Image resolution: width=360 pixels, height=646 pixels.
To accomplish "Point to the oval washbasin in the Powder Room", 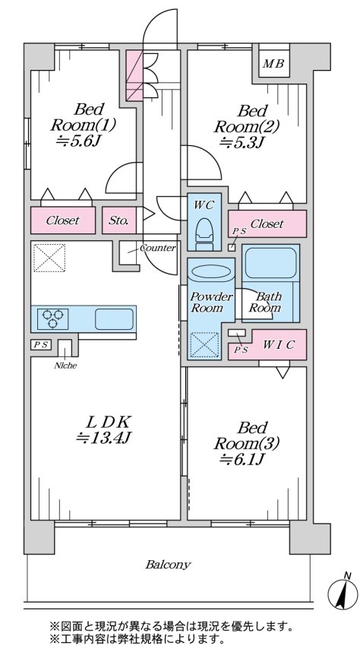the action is click(x=211, y=273).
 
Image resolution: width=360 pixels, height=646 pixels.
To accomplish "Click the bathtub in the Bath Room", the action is click(x=270, y=264).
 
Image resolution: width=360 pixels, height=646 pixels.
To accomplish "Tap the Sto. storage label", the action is click(x=119, y=220).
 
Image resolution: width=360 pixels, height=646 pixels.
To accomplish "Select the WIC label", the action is click(x=279, y=345).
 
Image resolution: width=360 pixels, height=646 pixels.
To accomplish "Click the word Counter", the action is click(x=158, y=248).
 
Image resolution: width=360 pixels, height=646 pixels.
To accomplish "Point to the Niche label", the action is click(x=65, y=365).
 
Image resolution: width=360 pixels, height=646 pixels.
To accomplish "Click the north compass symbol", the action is click(x=343, y=591).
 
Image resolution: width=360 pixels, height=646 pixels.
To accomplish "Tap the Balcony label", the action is click(x=168, y=564).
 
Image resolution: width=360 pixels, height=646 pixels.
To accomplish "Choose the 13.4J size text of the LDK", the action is click(x=103, y=438).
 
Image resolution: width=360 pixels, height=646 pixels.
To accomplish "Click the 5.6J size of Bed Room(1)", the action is click(x=79, y=141).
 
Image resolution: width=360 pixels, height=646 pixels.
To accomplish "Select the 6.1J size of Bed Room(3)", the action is click(x=242, y=458).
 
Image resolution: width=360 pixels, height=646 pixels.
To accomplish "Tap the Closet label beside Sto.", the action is click(x=62, y=220).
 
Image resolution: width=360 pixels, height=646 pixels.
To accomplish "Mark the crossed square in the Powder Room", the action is click(x=204, y=345).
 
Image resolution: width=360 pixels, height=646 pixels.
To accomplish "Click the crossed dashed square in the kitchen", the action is click(x=49, y=258).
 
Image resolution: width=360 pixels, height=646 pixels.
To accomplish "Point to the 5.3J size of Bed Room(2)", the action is click(x=242, y=141).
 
